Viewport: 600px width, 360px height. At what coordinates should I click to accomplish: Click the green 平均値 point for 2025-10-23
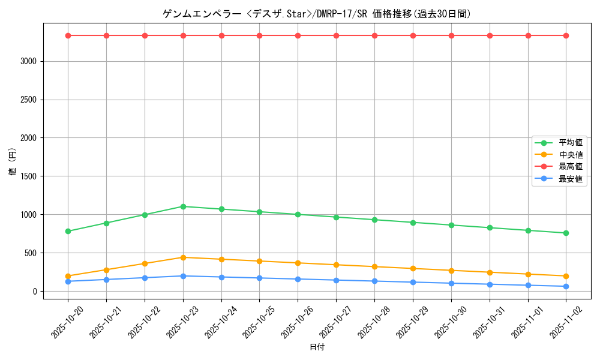pos(183,206)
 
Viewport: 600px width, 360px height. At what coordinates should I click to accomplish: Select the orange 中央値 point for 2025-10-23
pos(183,257)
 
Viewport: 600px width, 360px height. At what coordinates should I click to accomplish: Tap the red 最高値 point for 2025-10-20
pos(68,35)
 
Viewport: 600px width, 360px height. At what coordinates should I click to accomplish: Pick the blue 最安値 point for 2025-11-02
pos(566,286)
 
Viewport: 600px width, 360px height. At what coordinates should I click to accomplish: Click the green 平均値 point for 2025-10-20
pos(68,231)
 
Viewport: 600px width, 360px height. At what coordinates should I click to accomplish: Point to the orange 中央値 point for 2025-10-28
pos(374,266)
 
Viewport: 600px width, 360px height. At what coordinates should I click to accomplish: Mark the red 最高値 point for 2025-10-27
pos(336,35)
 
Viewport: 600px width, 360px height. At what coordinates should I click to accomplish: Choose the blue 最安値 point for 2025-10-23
pos(183,276)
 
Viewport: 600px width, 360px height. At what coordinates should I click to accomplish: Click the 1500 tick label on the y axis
pos(29,176)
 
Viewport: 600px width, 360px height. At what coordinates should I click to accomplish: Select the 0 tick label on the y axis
pos(35,292)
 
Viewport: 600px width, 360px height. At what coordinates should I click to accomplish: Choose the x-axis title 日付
pos(317,347)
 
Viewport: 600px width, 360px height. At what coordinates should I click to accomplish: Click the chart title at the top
pos(317,14)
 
